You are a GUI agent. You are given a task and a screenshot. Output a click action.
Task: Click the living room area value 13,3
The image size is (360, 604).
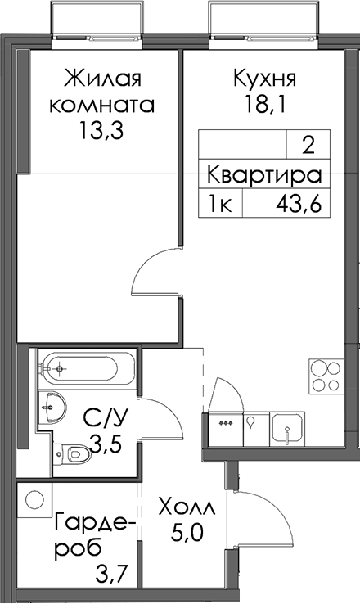pos(101,131)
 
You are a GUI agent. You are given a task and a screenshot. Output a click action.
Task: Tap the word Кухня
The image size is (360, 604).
pos(265,79)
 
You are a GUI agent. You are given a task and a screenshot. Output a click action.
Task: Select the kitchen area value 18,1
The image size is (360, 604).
pos(265,105)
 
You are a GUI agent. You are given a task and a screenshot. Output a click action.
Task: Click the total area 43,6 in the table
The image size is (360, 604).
pos(299,203)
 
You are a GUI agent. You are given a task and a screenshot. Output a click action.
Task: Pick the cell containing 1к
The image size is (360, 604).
pos(220,203)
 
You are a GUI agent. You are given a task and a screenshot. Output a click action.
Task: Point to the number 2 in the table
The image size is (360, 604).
pos(308,146)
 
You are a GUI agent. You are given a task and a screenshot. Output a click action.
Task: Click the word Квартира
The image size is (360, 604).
pos(264,175)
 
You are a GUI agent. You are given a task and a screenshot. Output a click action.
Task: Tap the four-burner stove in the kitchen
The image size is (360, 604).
pos(326,376)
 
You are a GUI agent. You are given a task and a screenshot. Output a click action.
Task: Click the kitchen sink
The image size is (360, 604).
pos(287,429)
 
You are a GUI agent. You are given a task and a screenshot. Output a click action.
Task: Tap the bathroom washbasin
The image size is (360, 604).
pos(52,407)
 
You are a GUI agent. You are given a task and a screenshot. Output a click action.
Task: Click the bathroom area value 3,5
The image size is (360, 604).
pos(105,444)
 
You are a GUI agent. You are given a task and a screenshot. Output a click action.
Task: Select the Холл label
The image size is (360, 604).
pos(187,509)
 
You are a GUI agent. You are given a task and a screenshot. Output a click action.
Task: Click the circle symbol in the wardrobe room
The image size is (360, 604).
pos(34,500)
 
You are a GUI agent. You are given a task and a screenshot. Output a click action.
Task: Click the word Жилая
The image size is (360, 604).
pos(103,79)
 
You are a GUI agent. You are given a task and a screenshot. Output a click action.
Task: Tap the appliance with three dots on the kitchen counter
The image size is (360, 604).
pos(226,429)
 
